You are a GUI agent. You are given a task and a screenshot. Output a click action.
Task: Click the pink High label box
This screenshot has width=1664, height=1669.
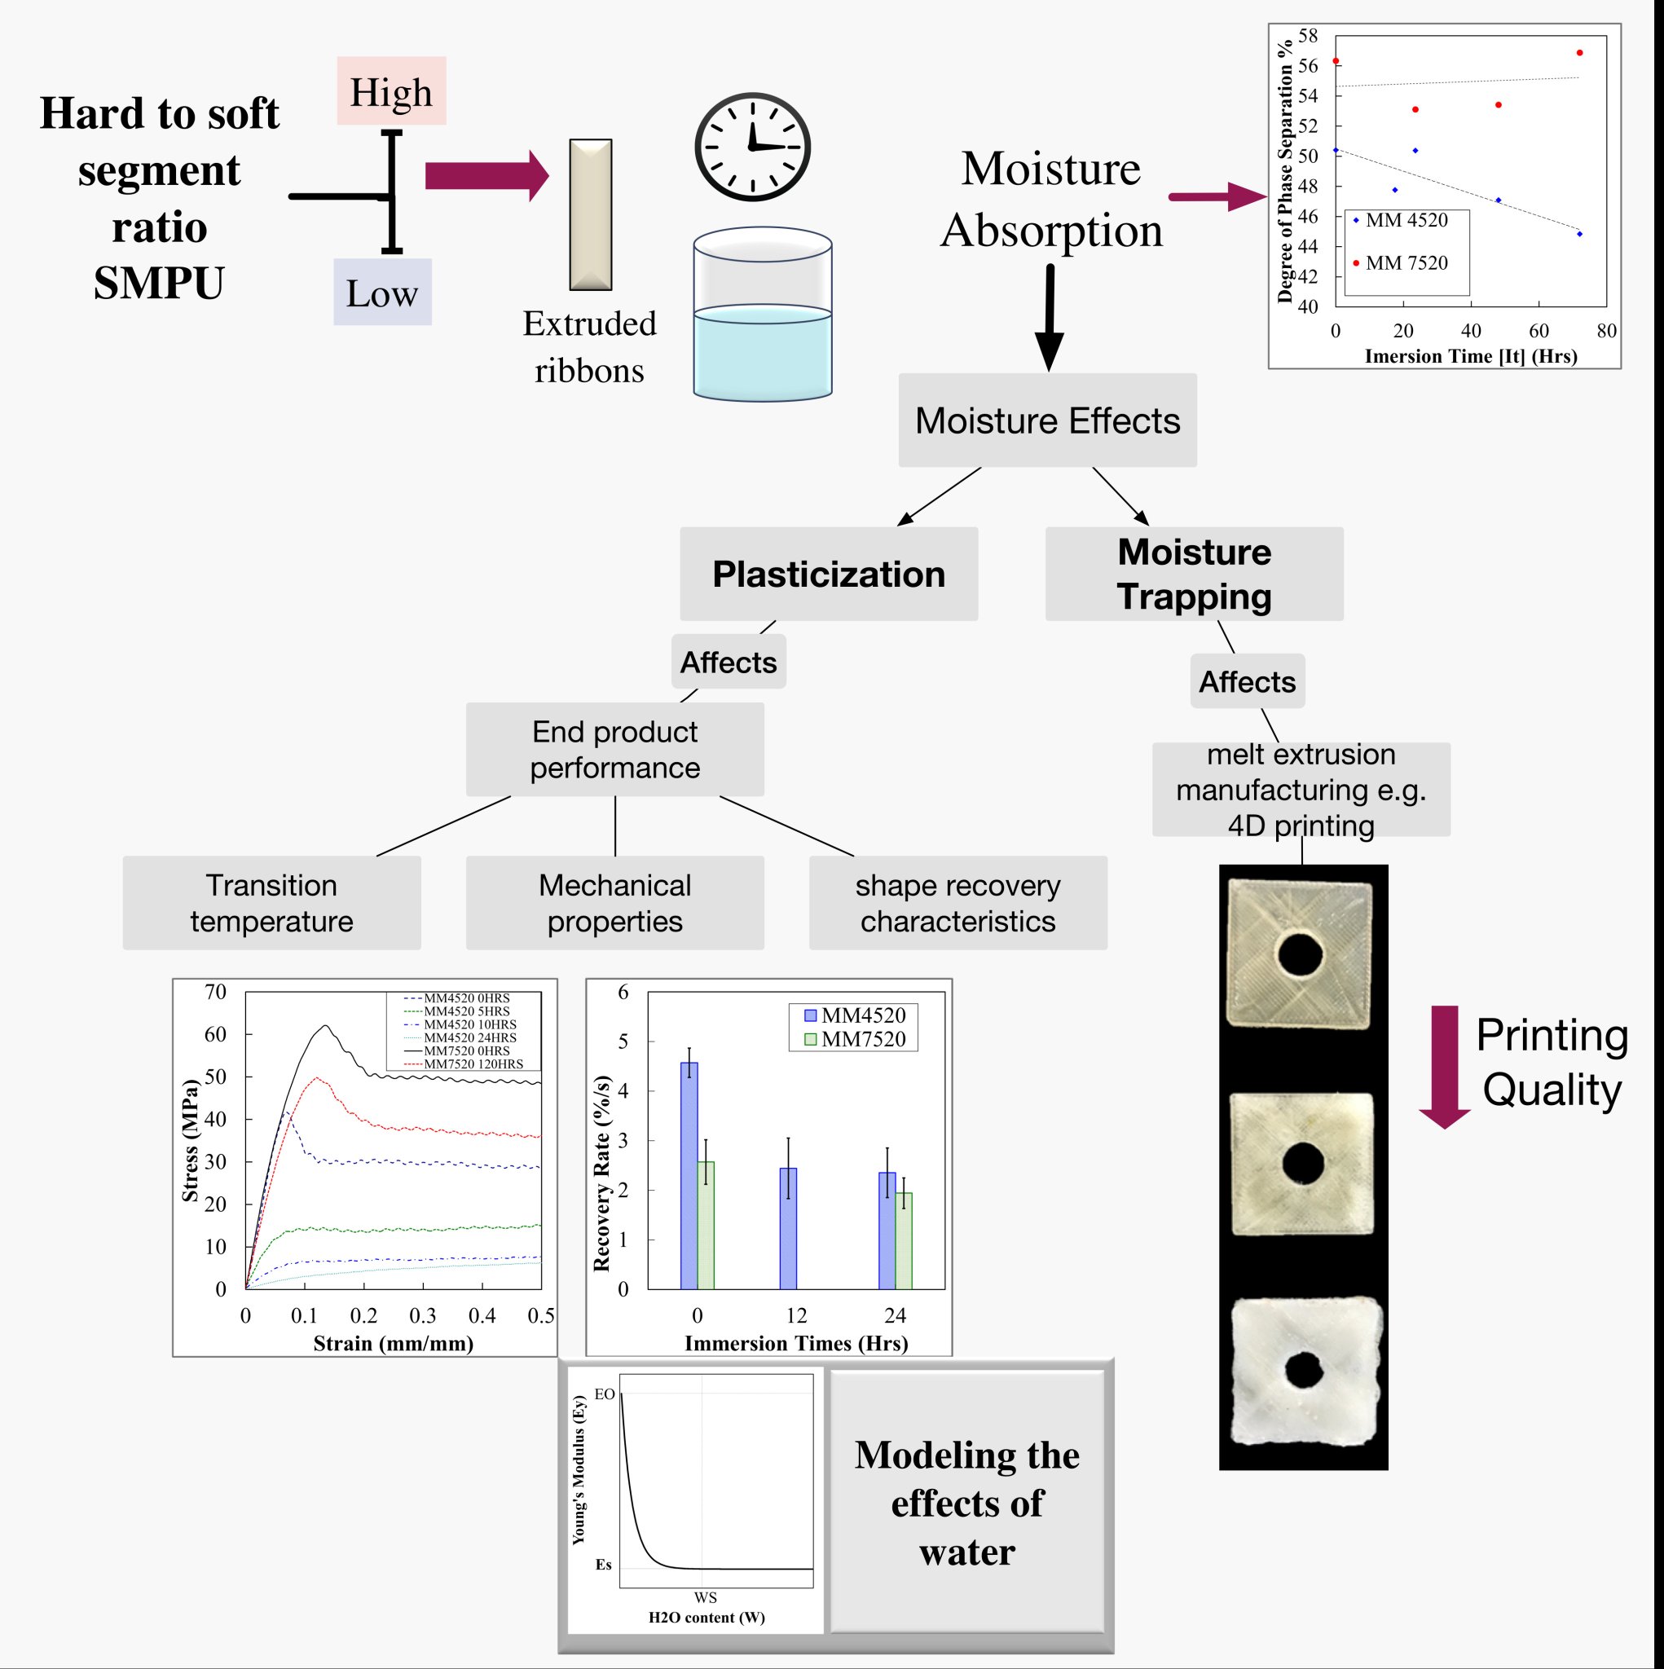tap(391, 90)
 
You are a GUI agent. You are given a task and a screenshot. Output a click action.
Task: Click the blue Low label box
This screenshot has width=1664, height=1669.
tap(382, 292)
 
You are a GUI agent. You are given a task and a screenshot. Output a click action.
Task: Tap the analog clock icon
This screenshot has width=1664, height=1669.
tap(752, 147)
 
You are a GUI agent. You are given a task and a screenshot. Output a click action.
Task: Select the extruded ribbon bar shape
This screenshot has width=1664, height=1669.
tap(591, 214)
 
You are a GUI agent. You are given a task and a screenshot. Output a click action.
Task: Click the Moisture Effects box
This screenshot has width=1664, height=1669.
tap(1047, 421)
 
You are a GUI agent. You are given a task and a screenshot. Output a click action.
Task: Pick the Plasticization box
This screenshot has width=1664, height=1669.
tap(829, 575)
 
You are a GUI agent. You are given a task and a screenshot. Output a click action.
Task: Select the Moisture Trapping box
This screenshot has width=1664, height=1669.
tap(1194, 575)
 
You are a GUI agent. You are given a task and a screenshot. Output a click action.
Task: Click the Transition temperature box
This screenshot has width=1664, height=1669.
tap(271, 904)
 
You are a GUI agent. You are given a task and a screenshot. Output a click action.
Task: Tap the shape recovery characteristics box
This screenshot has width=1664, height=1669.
tap(957, 904)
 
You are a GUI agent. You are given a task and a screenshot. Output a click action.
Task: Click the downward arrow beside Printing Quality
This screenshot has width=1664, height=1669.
tap(1445, 1067)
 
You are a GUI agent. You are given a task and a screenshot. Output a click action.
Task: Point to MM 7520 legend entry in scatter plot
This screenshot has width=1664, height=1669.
tap(1406, 263)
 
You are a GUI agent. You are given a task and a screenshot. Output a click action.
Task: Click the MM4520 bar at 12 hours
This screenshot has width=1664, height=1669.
tap(788, 1228)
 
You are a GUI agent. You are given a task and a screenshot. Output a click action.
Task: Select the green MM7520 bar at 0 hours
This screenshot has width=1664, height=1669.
tap(706, 1225)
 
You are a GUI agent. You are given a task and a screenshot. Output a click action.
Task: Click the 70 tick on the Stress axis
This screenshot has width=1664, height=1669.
tap(215, 992)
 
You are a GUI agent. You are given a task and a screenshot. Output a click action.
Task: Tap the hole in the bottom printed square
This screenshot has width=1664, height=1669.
tap(1303, 1369)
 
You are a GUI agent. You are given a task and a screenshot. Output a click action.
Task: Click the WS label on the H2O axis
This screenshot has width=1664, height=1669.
tap(705, 1597)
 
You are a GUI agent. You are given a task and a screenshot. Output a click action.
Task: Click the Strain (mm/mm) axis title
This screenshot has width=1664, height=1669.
tap(393, 1343)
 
